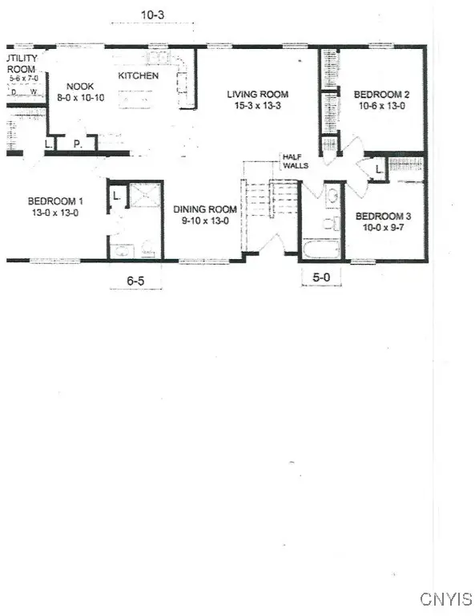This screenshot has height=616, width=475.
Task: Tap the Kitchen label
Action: coord(139,76)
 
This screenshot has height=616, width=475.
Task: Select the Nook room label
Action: coord(81,86)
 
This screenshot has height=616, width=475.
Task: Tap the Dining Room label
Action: coord(201,209)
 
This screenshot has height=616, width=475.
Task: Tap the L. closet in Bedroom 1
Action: coord(116,195)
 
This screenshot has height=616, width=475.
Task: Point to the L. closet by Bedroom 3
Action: coord(378,168)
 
